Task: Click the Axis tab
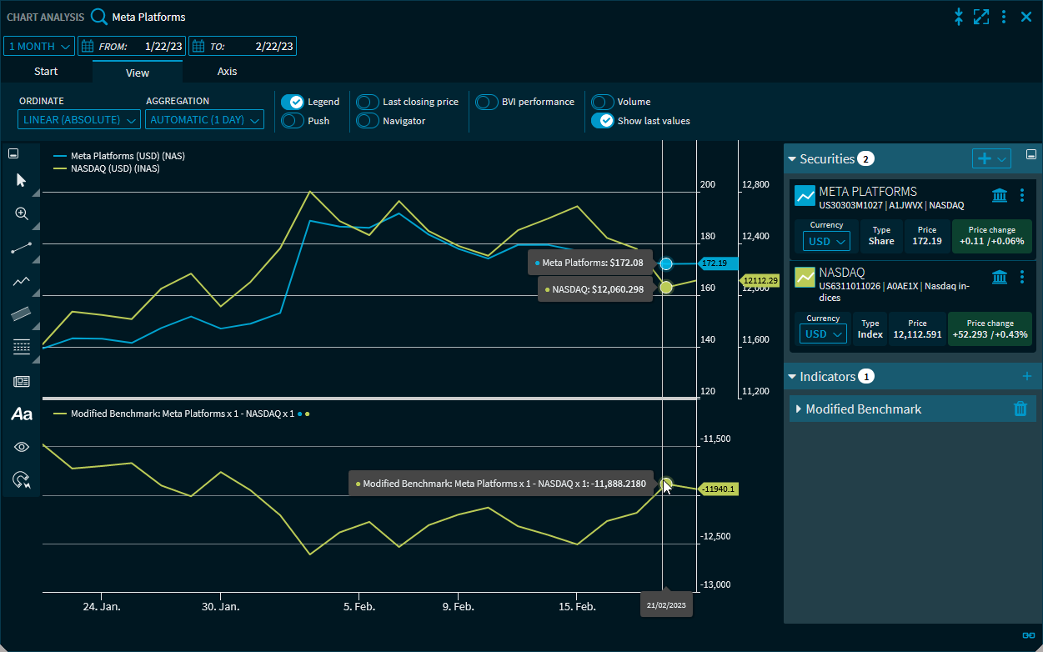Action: click(227, 72)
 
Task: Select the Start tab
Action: click(46, 72)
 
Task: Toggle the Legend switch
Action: click(292, 102)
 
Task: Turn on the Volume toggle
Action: click(603, 102)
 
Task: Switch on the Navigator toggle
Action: click(368, 121)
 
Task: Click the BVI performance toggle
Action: click(487, 102)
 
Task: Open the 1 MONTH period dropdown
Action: click(39, 47)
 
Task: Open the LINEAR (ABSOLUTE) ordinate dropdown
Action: click(79, 120)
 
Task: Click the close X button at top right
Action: click(1026, 17)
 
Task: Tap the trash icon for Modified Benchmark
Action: click(1020, 409)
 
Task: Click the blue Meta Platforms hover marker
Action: click(666, 263)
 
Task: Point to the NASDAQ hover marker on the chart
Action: click(666, 287)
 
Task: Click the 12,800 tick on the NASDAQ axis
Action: click(756, 184)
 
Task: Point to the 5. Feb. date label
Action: click(359, 607)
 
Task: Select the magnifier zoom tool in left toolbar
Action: click(22, 213)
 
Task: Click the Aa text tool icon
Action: click(22, 414)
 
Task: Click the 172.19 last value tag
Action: click(715, 263)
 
